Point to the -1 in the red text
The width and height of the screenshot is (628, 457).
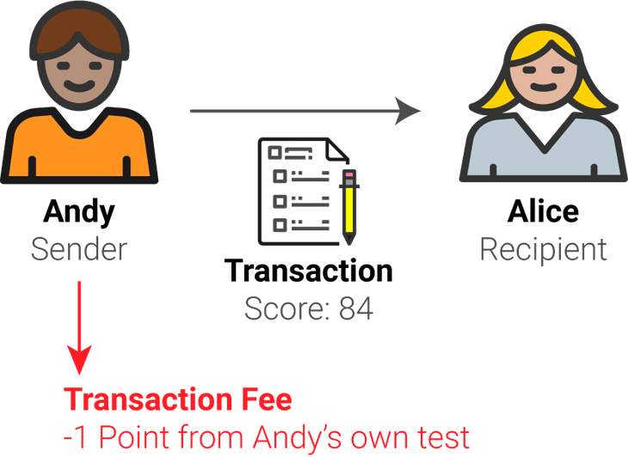(75, 438)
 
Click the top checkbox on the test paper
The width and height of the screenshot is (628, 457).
(277, 152)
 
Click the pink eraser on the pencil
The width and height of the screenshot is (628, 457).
(351, 175)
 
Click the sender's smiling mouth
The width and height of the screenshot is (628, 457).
(80, 86)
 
